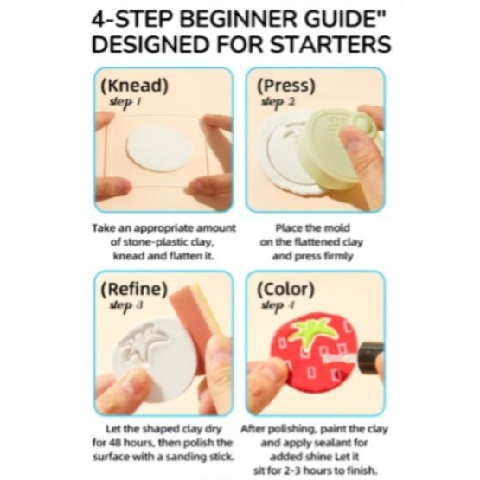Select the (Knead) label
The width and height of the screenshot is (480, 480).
point(135,85)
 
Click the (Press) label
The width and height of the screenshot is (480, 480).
point(286,86)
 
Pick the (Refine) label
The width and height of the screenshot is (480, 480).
point(134,289)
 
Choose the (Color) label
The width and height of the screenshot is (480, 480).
point(286,289)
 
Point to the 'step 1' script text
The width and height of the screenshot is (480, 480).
point(125,102)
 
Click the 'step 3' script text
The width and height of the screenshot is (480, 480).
point(126,305)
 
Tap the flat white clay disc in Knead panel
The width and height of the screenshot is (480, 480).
point(159,149)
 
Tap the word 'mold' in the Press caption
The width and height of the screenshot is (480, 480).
point(337,228)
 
